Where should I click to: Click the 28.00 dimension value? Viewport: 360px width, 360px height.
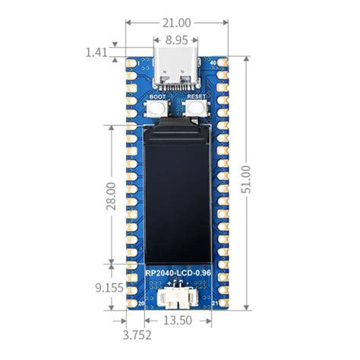[x=111, y=194]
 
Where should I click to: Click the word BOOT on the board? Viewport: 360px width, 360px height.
[x=158, y=97]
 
